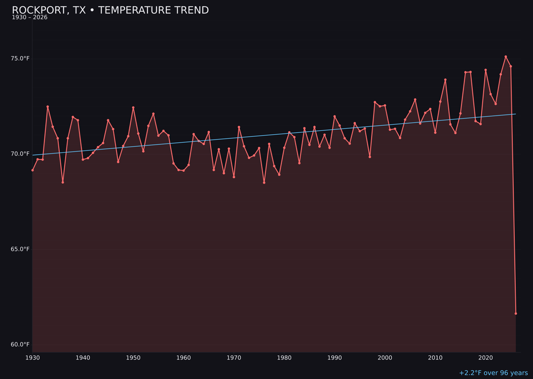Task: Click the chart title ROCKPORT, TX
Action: (110, 10)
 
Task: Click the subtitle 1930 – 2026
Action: (30, 18)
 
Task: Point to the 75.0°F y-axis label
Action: (20, 59)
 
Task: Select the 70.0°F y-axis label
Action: (20, 154)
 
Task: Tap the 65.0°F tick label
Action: (20, 249)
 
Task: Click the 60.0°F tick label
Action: (20, 344)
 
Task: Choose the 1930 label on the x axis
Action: (33, 358)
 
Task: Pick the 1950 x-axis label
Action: (133, 358)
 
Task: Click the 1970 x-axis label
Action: (234, 358)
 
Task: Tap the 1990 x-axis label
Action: (335, 358)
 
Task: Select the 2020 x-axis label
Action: (486, 358)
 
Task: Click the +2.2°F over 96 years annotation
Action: (493, 373)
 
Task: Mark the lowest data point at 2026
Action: (516, 313)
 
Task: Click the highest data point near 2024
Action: (506, 57)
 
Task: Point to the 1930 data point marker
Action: (33, 170)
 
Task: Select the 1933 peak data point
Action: (48, 107)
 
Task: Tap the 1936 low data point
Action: (63, 183)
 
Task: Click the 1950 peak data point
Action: (133, 108)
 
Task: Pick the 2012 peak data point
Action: (445, 79)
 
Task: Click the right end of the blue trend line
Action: (515, 114)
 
